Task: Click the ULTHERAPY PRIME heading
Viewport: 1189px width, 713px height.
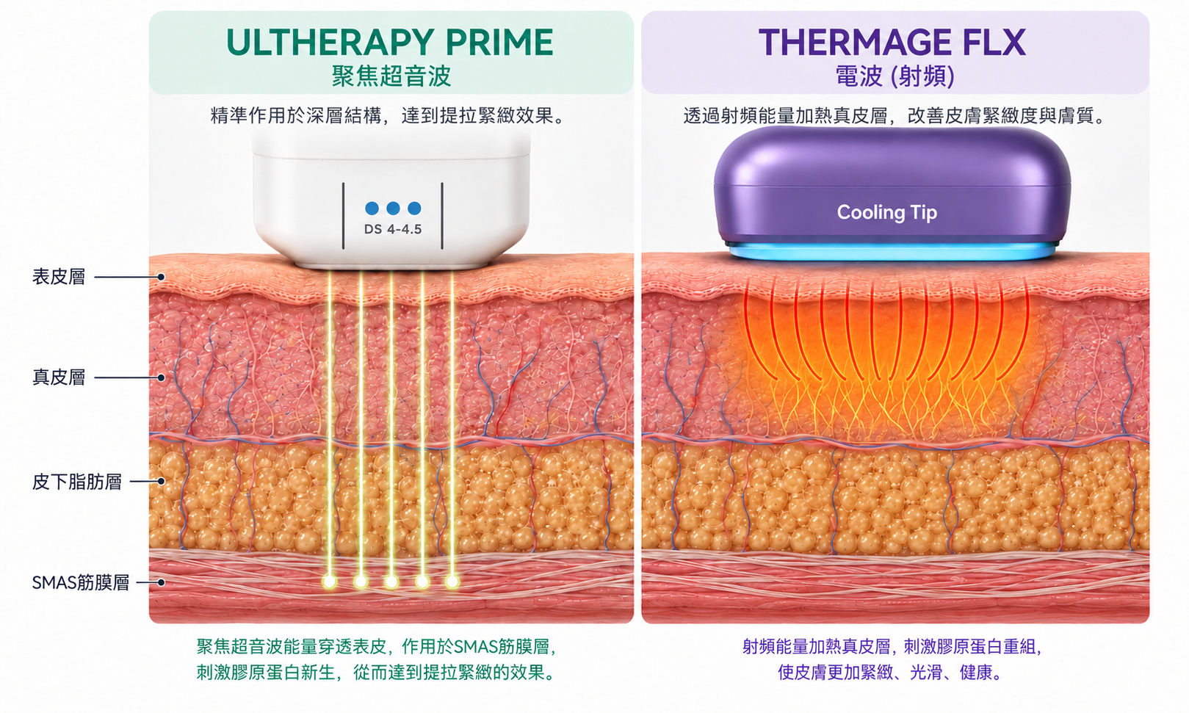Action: coord(390,42)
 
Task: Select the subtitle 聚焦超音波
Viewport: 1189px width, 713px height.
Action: coord(391,76)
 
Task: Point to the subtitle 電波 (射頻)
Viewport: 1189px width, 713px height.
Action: coord(895,76)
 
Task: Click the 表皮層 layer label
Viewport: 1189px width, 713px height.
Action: coord(59,277)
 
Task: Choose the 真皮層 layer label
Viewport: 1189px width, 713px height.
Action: coord(59,377)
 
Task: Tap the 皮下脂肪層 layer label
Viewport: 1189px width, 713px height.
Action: coord(76,482)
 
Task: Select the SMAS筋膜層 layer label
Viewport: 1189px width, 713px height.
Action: coord(80,582)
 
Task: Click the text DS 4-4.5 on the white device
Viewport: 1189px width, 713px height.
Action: coord(393,229)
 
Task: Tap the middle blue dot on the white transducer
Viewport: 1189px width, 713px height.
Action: coord(393,208)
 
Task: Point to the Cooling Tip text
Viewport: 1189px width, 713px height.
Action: coord(887,212)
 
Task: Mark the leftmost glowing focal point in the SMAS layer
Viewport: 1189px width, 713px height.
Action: coord(330,582)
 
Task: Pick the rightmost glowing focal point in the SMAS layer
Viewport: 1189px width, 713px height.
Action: coord(452,582)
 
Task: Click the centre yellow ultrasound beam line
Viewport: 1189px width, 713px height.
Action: coord(391,424)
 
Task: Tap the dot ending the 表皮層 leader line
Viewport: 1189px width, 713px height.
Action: coord(161,277)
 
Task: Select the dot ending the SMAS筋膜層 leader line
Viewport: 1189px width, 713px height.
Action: coord(161,582)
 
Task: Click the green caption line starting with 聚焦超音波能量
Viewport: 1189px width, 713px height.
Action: coord(376,647)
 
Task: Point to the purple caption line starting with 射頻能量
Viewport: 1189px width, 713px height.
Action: coord(892,647)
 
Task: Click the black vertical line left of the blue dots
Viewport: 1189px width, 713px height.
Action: coord(344,216)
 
